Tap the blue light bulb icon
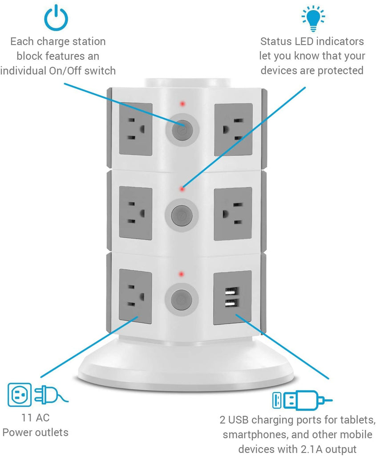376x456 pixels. (313, 18)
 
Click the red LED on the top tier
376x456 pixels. (182, 103)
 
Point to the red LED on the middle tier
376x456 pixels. (182, 189)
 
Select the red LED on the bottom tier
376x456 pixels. (181, 274)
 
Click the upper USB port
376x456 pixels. (232, 291)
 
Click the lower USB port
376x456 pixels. (232, 304)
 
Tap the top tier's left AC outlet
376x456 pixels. (136, 129)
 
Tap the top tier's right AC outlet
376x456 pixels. (233, 130)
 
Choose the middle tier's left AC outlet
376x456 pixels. (136, 213)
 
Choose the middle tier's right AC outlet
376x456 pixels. (233, 214)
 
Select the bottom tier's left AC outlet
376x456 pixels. (135, 296)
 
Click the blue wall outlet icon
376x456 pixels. (20, 395)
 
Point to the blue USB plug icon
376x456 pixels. (302, 400)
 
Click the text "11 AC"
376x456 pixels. (36, 418)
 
